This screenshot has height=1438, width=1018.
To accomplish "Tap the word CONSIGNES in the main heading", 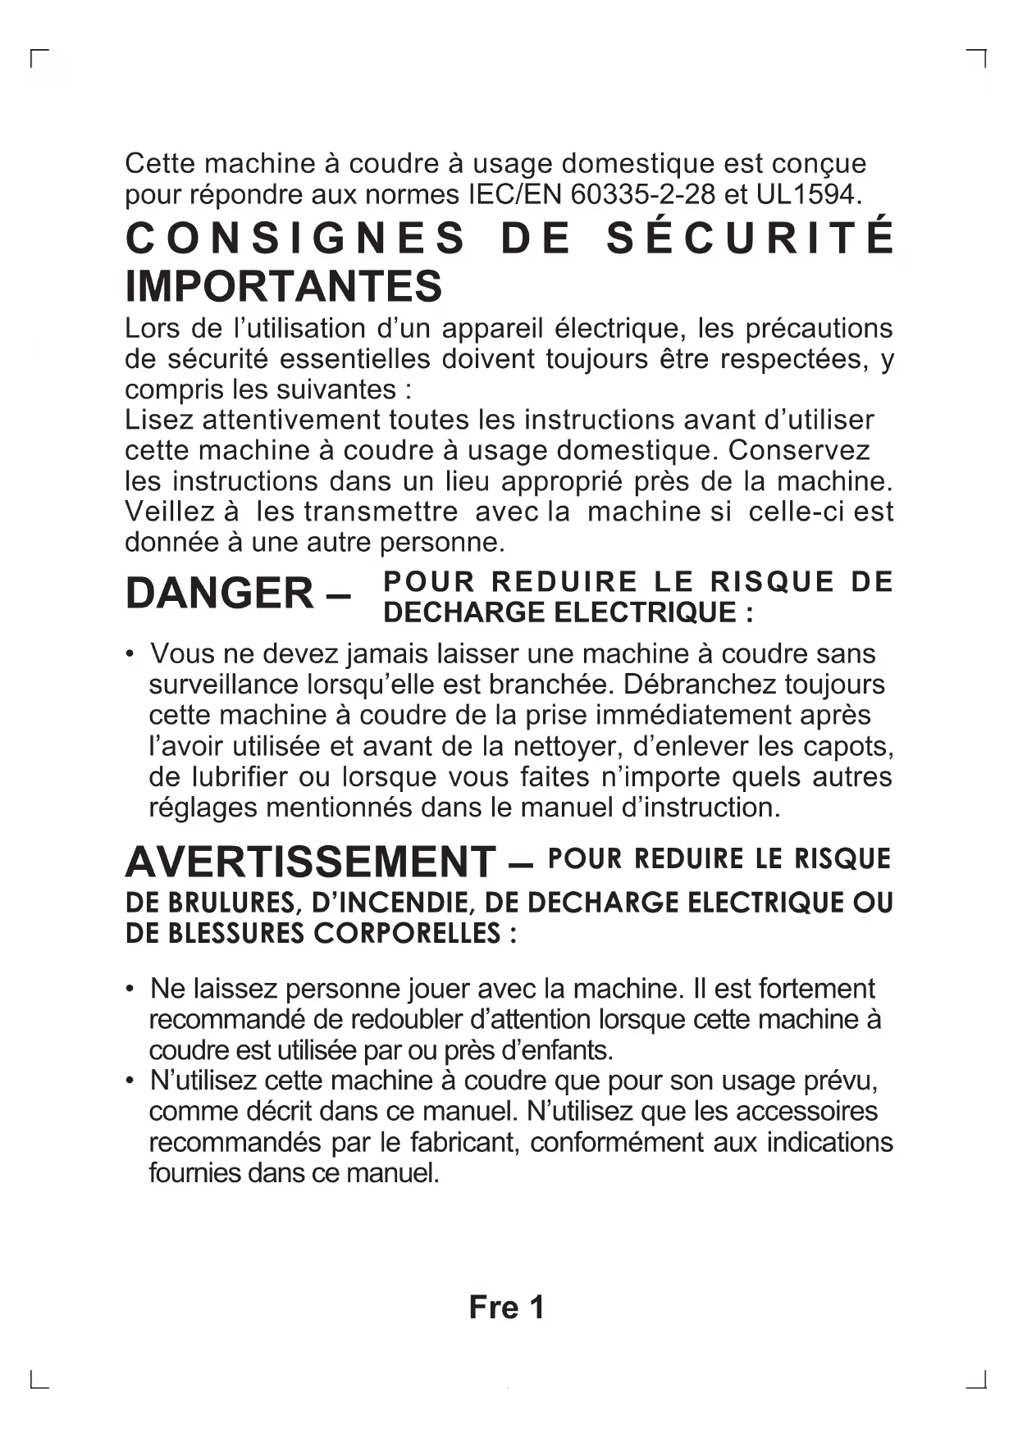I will pyautogui.click(x=296, y=239).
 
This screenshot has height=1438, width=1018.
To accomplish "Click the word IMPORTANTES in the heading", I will pyautogui.click(x=284, y=286).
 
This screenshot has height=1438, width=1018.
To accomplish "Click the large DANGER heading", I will pyautogui.click(x=220, y=594).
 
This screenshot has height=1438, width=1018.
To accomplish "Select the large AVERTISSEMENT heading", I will pyautogui.click(x=310, y=862).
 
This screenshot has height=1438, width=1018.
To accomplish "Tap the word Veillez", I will pyautogui.click(x=172, y=512).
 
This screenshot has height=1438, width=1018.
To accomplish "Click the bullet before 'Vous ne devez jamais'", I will pyautogui.click(x=130, y=654).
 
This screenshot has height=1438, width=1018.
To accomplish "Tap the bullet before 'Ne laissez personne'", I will pyautogui.click(x=130, y=989).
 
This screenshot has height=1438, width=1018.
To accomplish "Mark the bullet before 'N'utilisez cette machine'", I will pyautogui.click(x=130, y=1081).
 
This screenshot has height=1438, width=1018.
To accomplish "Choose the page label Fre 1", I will pyautogui.click(x=506, y=1308).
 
